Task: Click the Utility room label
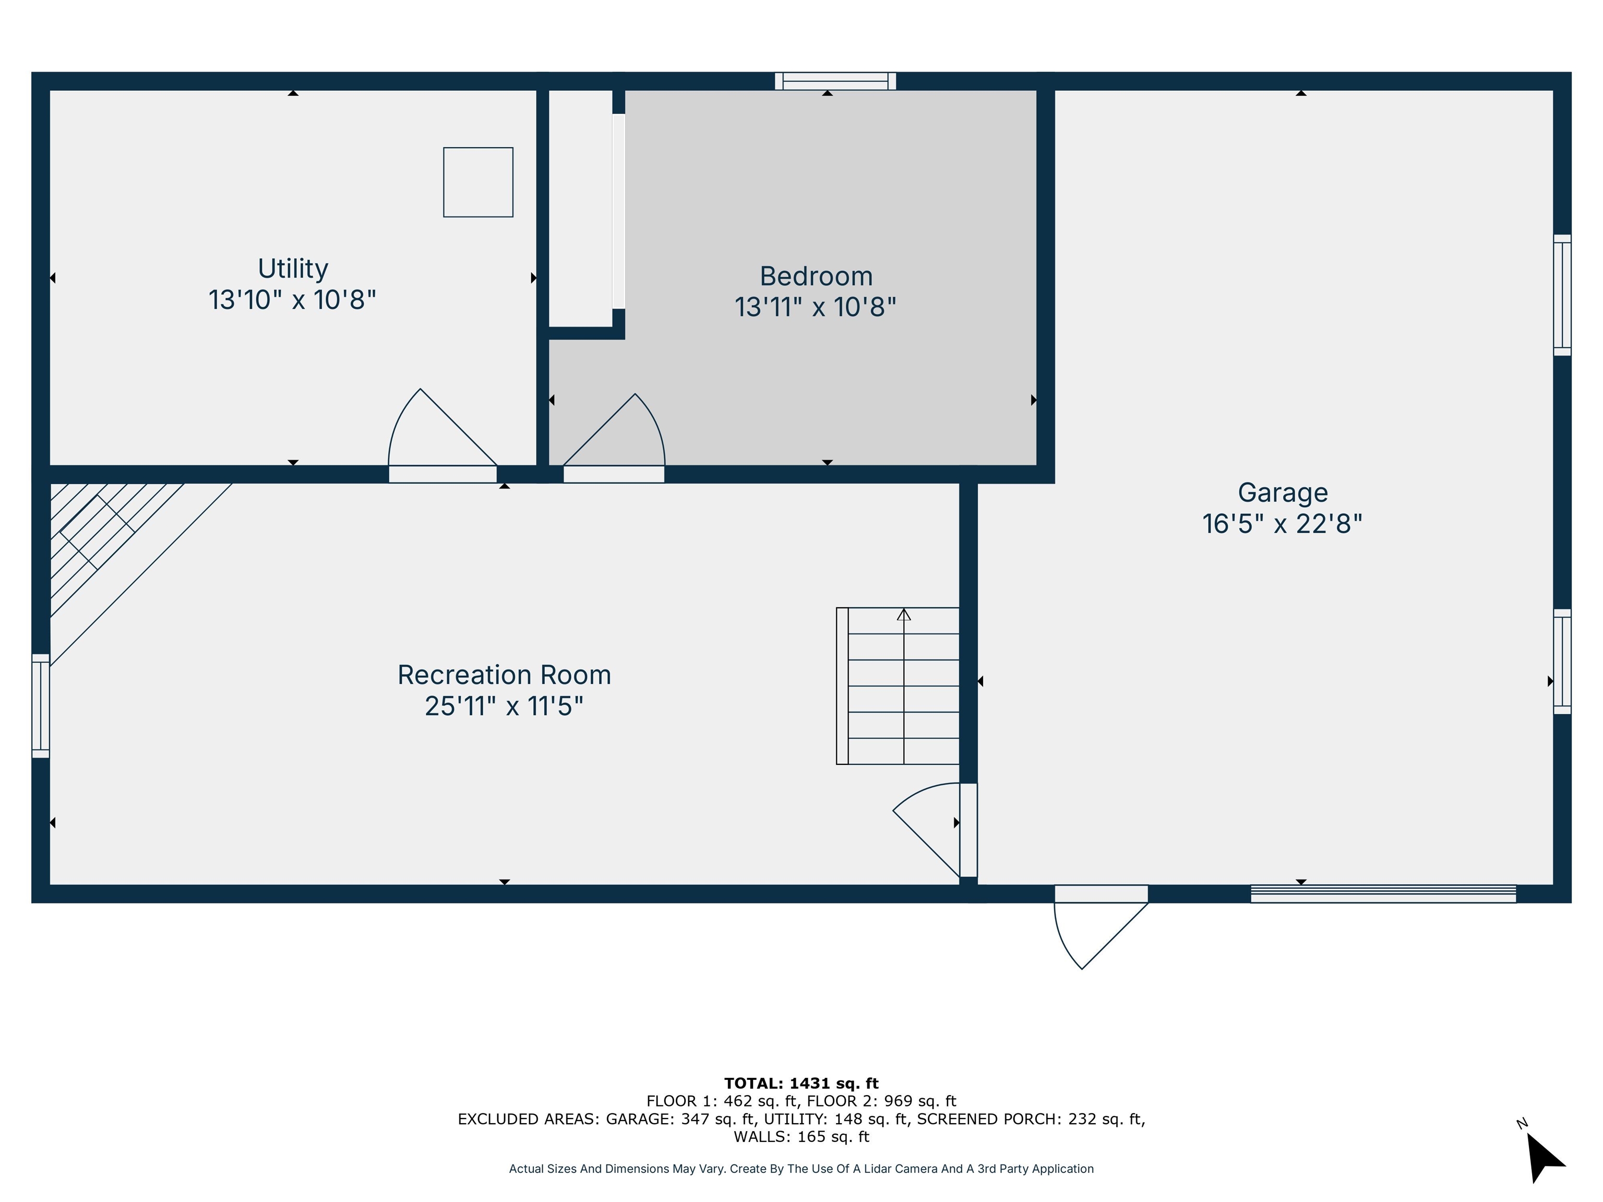[x=293, y=269]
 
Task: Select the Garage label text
[x=1282, y=492]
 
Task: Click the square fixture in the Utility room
[x=478, y=182]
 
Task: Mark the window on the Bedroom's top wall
[x=835, y=81]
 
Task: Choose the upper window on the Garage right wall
[x=1562, y=295]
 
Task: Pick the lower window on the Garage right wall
[x=1562, y=662]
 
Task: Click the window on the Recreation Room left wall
[x=41, y=706]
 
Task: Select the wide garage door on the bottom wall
[x=1383, y=894]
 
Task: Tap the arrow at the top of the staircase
[x=904, y=615]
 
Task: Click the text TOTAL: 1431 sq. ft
[x=801, y=1083]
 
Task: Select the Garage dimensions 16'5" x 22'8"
[x=1282, y=524]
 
